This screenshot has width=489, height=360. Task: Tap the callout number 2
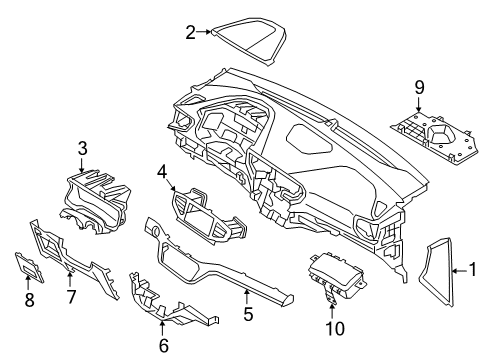191,32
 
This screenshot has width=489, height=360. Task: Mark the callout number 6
164,343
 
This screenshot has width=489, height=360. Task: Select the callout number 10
332,326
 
